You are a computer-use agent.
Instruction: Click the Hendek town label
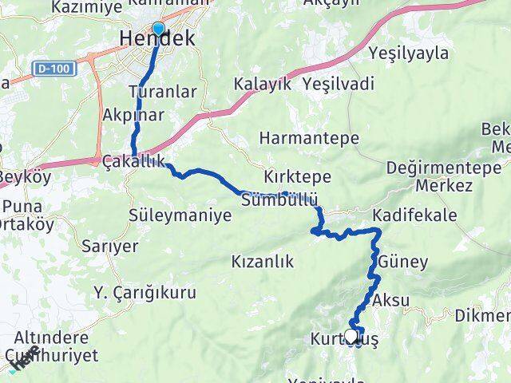(156, 38)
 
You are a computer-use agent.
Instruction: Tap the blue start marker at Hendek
(158, 30)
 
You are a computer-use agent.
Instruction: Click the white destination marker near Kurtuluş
(351, 336)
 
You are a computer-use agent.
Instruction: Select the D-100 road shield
(55, 69)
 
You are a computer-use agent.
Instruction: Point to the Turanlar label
(167, 92)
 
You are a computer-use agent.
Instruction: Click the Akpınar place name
(133, 114)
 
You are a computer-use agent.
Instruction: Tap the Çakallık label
(134, 161)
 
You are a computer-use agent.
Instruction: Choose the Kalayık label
(261, 84)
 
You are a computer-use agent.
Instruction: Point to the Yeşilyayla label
(408, 53)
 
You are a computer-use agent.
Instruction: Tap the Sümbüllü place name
(279, 200)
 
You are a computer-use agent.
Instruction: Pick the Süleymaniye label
(180, 215)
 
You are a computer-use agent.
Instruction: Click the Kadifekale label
(414, 215)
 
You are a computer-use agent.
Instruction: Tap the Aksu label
(391, 300)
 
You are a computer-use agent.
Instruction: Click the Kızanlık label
(262, 261)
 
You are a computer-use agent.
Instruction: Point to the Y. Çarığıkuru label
(145, 293)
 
